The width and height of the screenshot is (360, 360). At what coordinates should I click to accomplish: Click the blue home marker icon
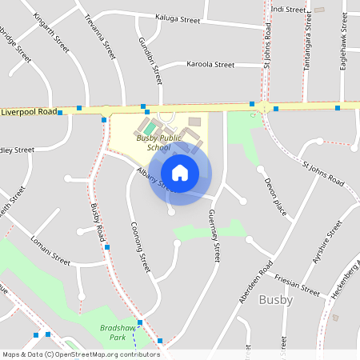180,173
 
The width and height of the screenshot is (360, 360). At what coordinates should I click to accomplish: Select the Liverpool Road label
29,112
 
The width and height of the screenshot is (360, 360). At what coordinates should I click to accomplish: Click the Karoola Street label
210,64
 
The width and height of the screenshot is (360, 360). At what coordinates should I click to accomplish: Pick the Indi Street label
289,10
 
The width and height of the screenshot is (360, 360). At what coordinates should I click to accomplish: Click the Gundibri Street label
150,61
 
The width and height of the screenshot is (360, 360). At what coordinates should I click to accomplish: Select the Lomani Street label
50,249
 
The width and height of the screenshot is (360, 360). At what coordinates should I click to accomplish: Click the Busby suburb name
276,300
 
